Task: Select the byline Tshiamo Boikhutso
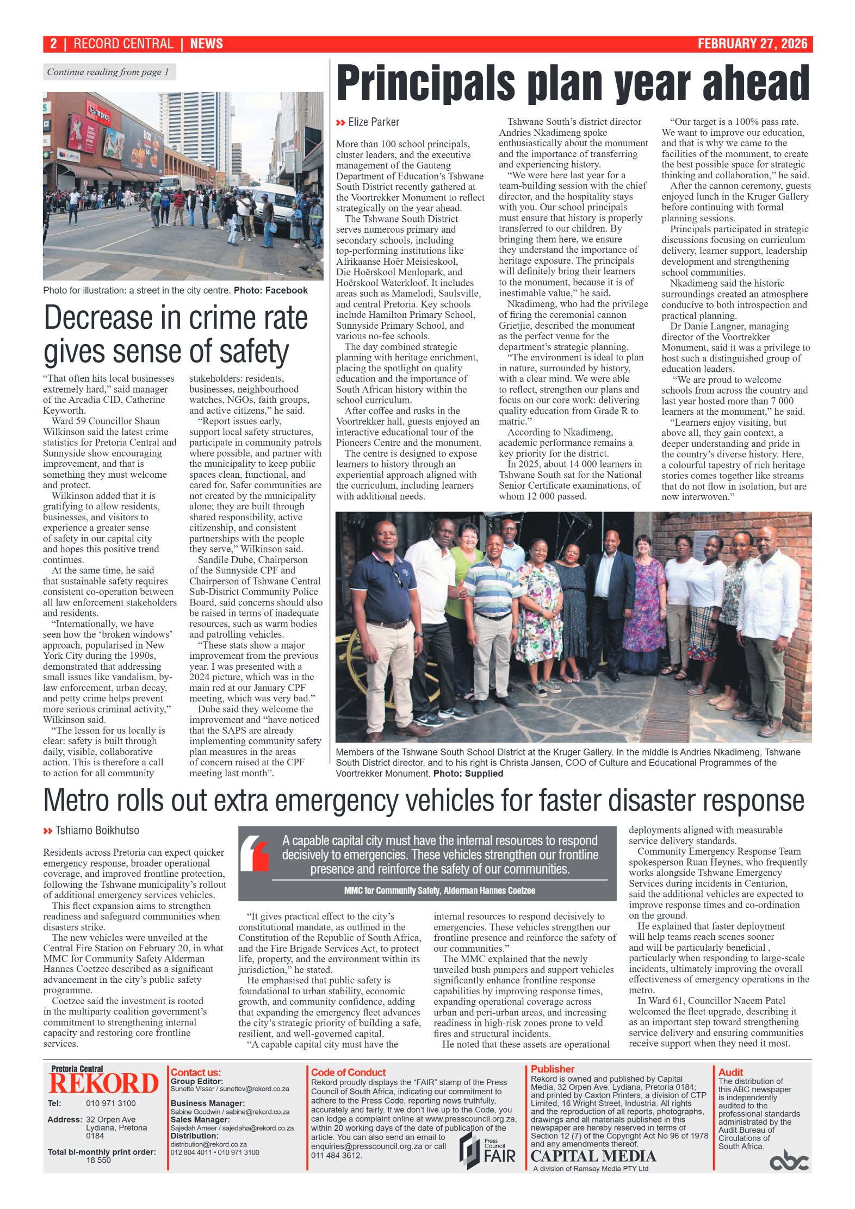tap(97, 831)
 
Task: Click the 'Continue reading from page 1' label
tap(108, 72)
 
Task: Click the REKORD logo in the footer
tap(103, 1084)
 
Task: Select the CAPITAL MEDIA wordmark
tap(593, 1156)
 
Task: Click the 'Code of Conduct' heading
tap(348, 1072)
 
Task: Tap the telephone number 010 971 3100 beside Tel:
tap(110, 1103)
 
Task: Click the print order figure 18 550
tap(98, 1160)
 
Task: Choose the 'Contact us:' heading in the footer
tap(196, 1072)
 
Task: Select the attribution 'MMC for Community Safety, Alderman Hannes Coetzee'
tap(439, 890)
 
